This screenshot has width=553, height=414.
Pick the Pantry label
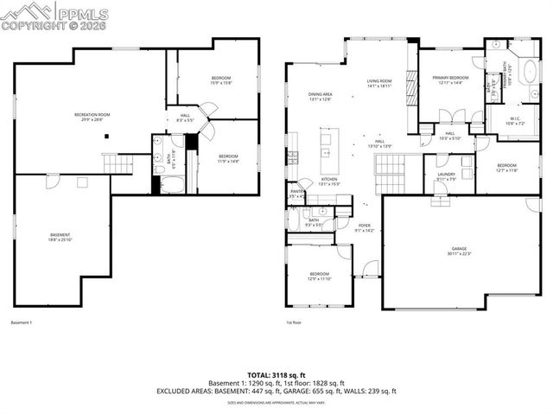[296, 194]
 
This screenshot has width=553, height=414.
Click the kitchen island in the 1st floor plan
[327, 151]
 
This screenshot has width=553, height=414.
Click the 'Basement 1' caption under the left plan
[22, 323]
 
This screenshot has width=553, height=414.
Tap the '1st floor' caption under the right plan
[294, 323]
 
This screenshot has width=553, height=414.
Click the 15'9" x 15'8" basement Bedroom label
[221, 80]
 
